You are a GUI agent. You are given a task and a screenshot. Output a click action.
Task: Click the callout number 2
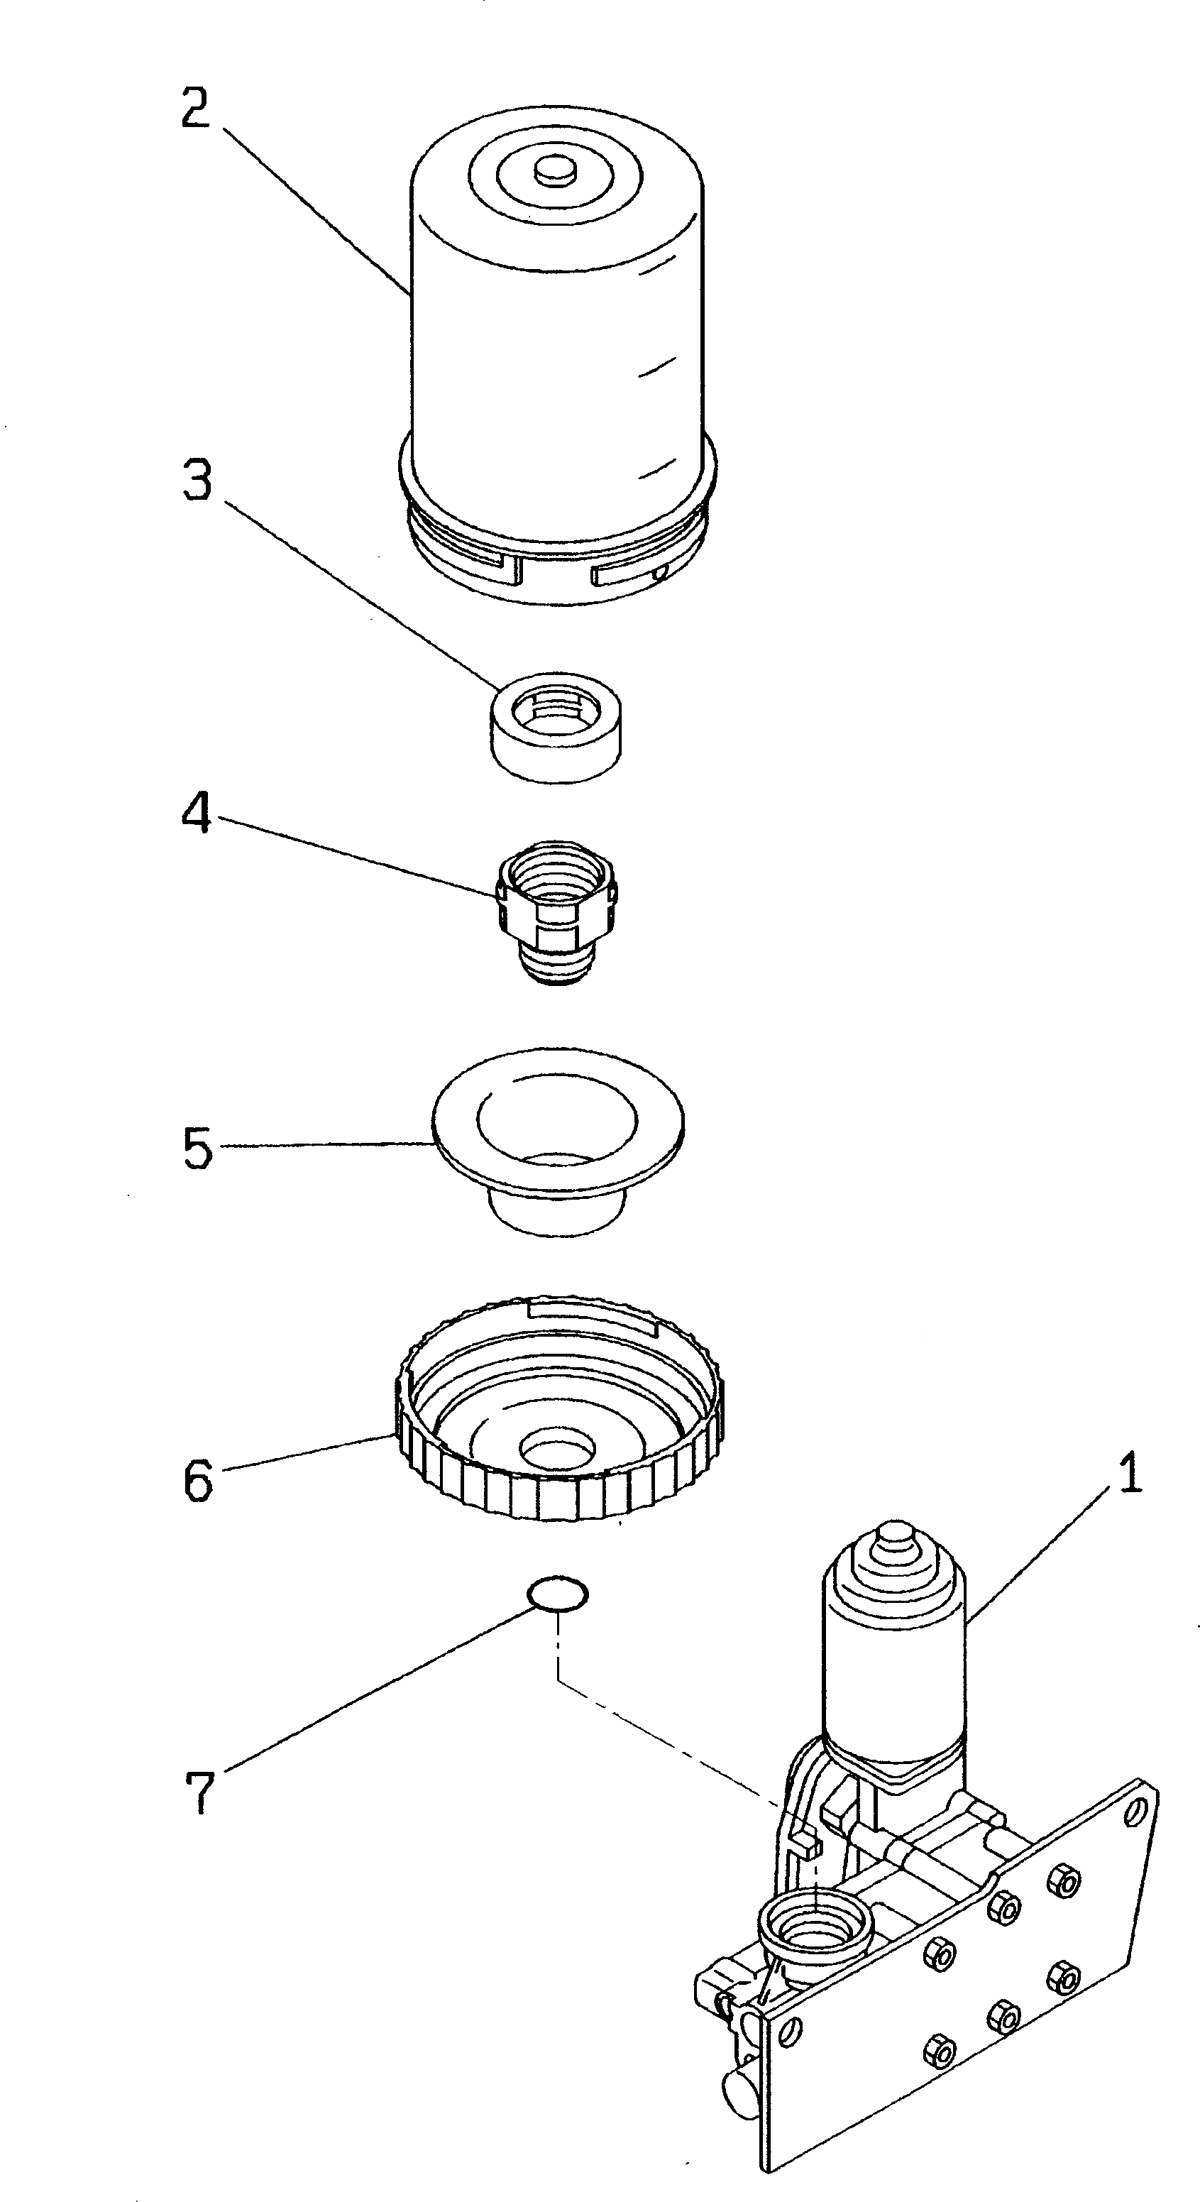click(196, 109)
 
